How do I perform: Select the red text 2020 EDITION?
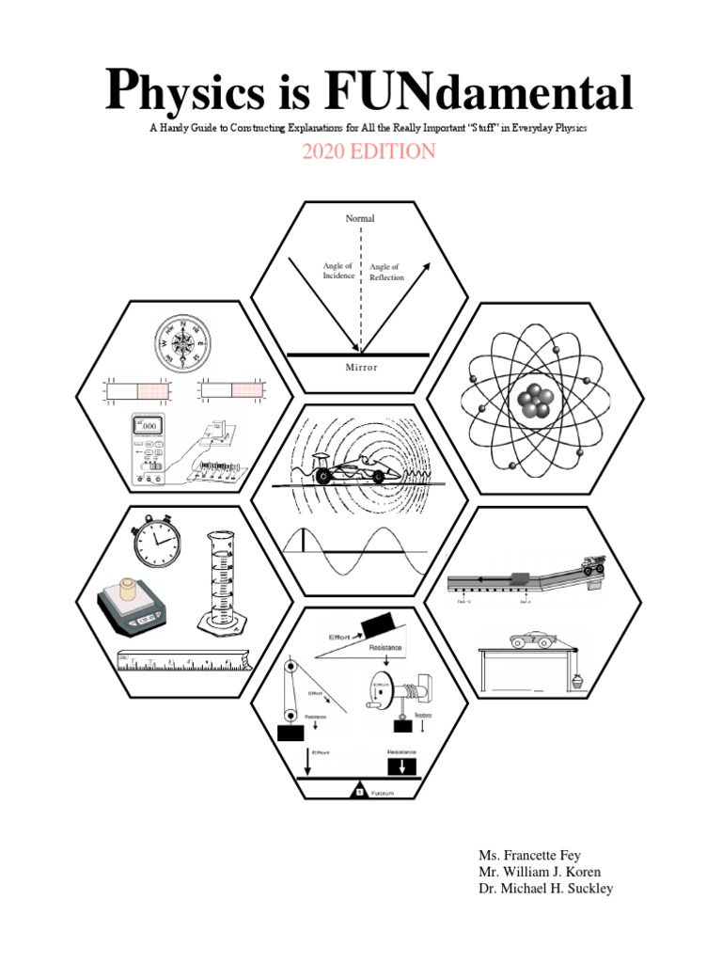[x=369, y=151]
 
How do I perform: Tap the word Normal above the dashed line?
[x=360, y=218]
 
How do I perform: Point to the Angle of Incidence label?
[x=338, y=271]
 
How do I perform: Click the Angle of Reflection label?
[x=385, y=272]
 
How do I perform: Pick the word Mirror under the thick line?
[x=359, y=368]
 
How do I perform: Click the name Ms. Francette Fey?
[x=530, y=855]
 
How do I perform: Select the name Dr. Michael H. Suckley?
[x=545, y=889]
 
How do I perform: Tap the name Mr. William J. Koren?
[x=538, y=872]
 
